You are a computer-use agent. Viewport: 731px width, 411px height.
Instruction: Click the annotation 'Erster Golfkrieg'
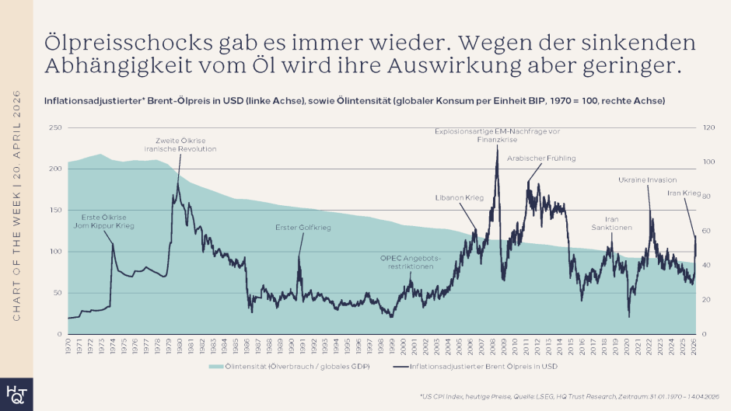303,228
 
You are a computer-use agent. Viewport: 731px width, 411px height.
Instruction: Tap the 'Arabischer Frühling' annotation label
541,158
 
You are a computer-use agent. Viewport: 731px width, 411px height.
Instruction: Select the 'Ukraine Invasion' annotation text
647,180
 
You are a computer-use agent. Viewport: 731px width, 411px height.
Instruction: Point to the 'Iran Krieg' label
684,193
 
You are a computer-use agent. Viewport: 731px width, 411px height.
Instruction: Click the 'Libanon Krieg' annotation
459,198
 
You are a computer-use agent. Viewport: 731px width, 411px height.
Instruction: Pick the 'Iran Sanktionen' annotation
612,223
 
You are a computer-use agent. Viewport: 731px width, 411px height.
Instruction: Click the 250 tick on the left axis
55,127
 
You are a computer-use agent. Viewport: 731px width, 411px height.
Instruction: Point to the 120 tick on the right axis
708,127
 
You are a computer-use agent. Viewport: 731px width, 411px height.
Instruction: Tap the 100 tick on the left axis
55,252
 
